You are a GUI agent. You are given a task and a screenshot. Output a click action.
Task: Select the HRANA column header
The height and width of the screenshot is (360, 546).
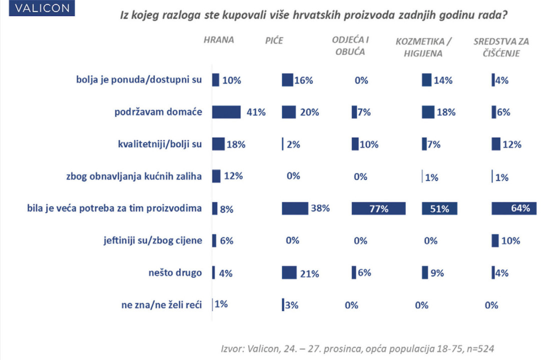tap(218, 40)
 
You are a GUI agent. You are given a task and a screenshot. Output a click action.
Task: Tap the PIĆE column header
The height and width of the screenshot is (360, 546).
tap(274, 40)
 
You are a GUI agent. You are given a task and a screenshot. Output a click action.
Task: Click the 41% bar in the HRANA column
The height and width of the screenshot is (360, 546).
tap(226, 112)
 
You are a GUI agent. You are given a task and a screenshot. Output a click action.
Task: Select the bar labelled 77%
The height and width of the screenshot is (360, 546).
tap(379, 208)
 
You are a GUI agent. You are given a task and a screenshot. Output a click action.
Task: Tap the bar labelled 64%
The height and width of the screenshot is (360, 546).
tap(514, 208)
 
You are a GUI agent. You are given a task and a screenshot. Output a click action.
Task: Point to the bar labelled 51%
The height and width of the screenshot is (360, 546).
tap(439, 208)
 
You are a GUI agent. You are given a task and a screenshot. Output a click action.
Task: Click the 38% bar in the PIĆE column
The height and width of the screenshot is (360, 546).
tap(295, 208)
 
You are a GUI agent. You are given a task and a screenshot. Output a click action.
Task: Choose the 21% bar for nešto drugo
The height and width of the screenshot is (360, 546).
tap(289, 272)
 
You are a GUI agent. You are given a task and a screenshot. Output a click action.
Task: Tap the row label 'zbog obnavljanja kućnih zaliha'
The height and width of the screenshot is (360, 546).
tap(134, 176)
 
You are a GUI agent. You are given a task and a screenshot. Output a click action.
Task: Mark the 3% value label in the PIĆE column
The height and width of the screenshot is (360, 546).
tap(292, 304)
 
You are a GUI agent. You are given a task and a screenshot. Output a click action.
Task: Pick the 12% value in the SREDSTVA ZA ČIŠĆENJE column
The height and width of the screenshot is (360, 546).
tap(511, 144)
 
